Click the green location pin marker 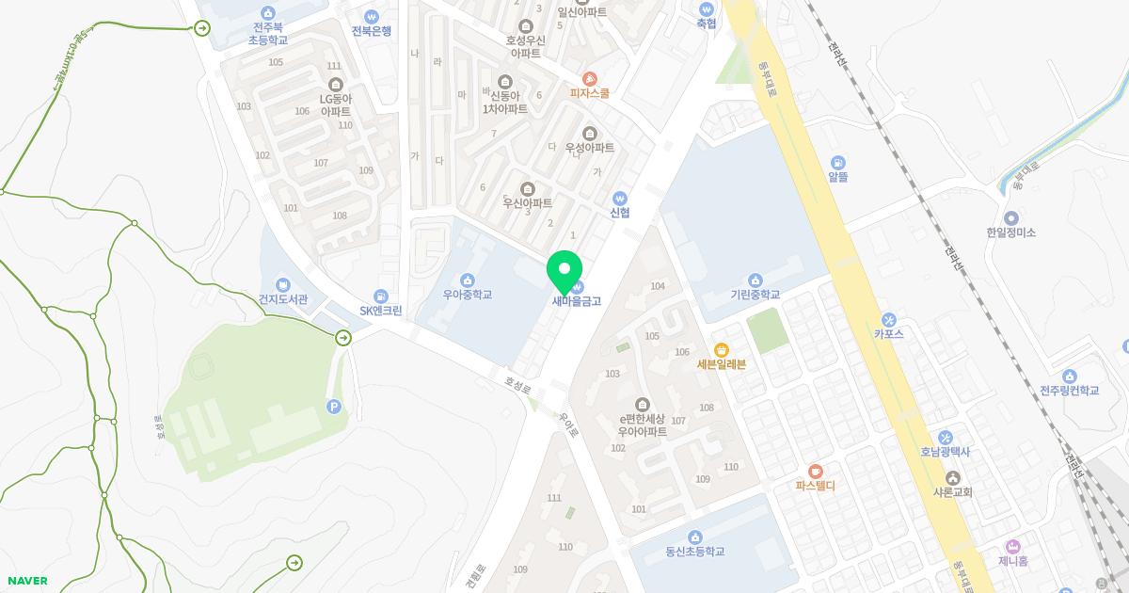(564, 271)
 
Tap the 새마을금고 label (576, 302)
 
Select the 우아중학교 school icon (468, 280)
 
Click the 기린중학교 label (755, 295)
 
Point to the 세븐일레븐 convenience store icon (722, 349)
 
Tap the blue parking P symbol (332, 406)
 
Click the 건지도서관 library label (283, 299)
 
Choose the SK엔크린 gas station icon (381, 296)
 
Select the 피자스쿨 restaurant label (590, 93)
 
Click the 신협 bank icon (619, 198)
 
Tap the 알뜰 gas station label (838, 176)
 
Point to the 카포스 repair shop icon (888, 318)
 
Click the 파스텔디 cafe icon (815, 471)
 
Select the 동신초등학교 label (694, 552)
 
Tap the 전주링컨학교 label (1069, 391)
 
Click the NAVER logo (27, 581)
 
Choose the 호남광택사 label (945, 452)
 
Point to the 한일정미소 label (1010, 232)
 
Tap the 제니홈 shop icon (1013, 546)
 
